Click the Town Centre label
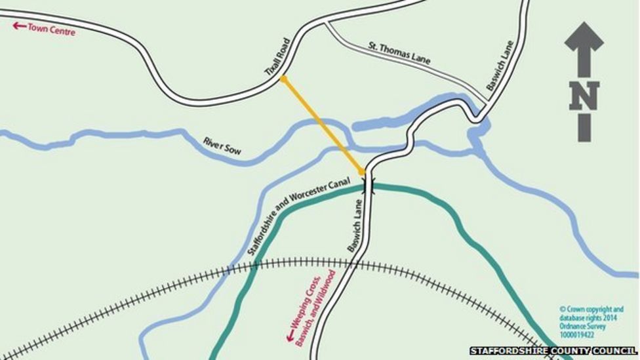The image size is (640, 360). pyautogui.click(x=51, y=30)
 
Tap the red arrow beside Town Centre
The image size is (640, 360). pyautogui.click(x=20, y=26)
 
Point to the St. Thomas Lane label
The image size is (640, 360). pyautogui.click(x=399, y=53)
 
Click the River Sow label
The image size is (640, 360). pyautogui.click(x=222, y=146)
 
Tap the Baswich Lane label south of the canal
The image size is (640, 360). pyautogui.click(x=354, y=226)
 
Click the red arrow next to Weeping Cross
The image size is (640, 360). pyautogui.click(x=289, y=336)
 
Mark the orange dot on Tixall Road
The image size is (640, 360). pyautogui.click(x=283, y=79)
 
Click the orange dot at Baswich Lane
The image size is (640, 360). pyautogui.click(x=362, y=172)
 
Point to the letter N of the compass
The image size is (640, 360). pyautogui.click(x=584, y=96)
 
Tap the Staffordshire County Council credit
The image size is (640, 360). pyautogui.click(x=553, y=351)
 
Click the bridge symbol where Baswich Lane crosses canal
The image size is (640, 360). pyautogui.click(x=369, y=185)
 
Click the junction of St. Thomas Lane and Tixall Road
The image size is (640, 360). pyautogui.click(x=326, y=23)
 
